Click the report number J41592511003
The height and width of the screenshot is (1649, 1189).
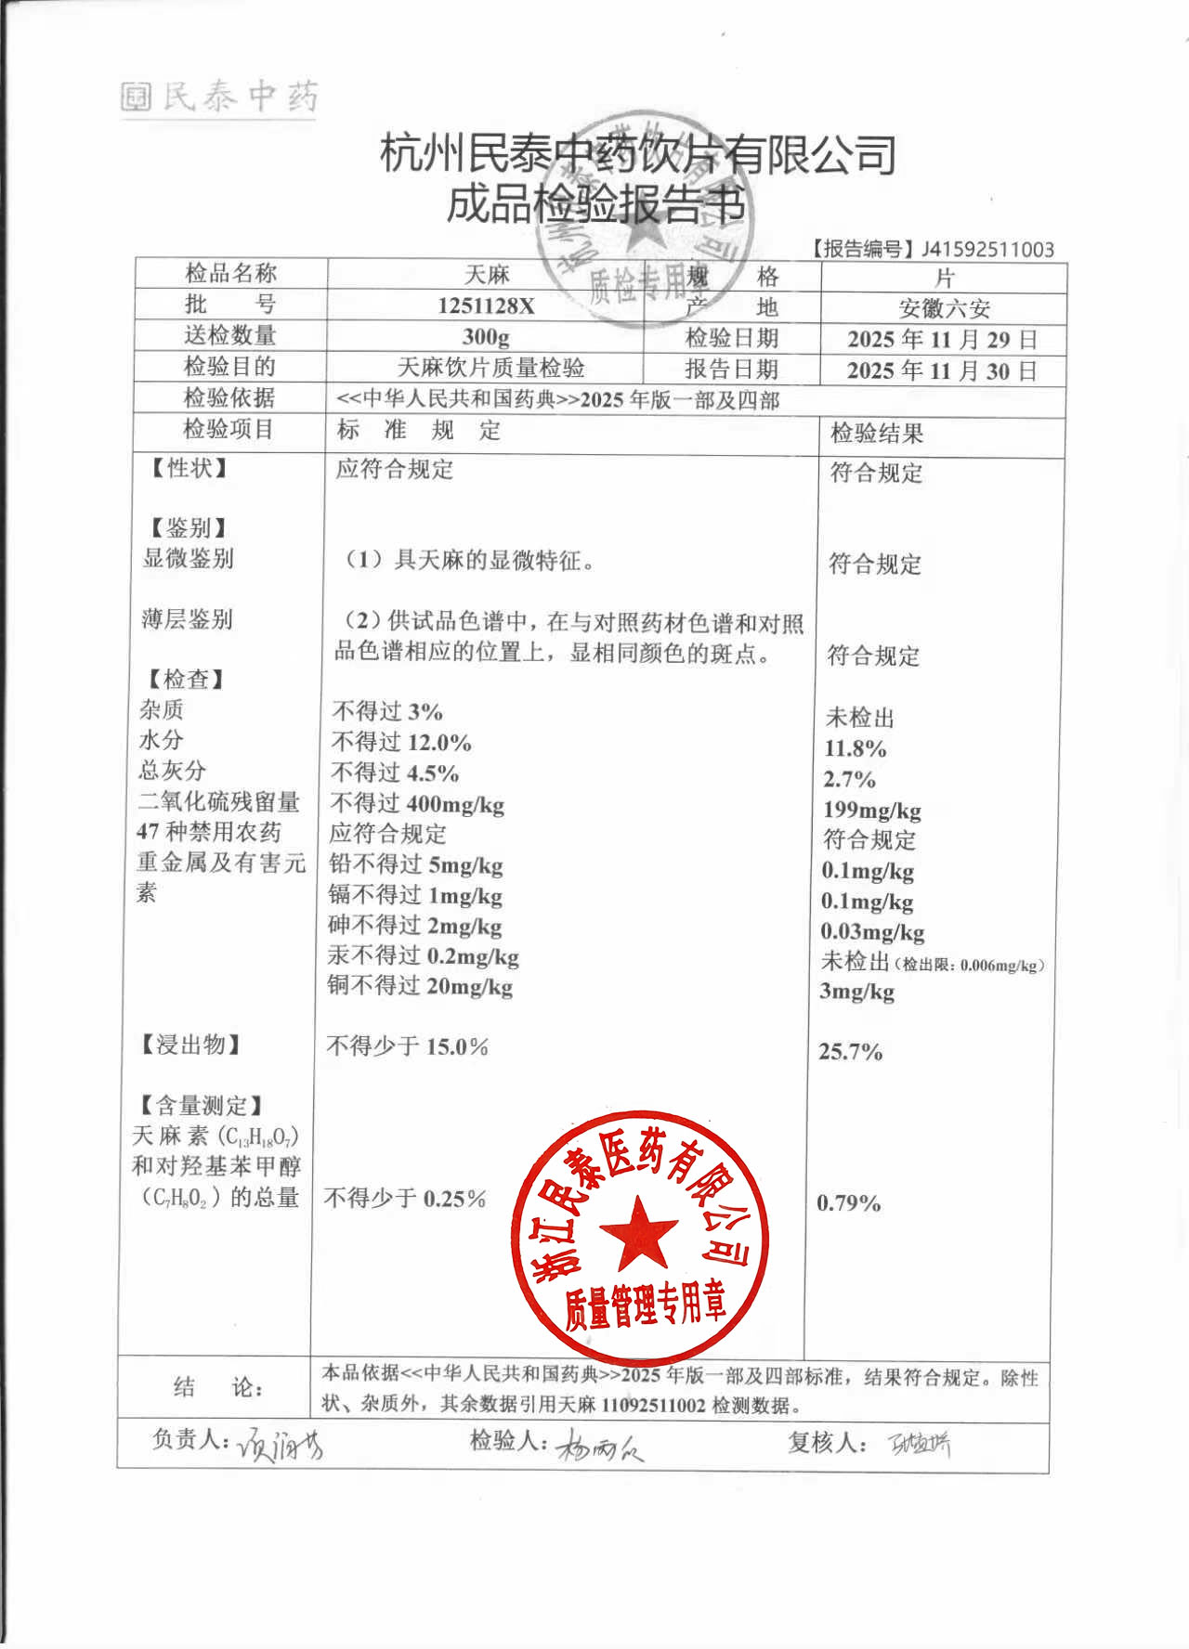tap(987, 249)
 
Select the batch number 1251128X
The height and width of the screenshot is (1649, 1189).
tap(486, 305)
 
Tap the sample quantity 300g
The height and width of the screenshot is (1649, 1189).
tap(486, 336)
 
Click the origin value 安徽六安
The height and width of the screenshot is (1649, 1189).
tap(944, 308)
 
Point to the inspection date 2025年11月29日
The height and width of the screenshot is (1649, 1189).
tap(942, 340)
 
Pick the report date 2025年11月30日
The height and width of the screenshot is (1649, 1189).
tap(942, 371)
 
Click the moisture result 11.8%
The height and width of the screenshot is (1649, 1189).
tap(855, 748)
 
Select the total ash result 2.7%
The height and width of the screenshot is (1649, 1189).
tap(849, 779)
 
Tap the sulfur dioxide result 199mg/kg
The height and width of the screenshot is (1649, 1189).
tap(871, 810)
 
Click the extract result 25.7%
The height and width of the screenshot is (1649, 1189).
tap(850, 1051)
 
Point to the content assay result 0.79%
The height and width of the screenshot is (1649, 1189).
tap(848, 1202)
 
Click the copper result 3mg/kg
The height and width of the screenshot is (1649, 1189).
tap(856, 992)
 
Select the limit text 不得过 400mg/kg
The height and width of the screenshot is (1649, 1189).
tap(417, 804)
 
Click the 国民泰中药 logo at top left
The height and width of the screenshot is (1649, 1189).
tap(219, 97)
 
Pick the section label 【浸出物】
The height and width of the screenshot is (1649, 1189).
tap(190, 1045)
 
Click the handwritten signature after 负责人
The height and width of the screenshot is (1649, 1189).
tap(279, 1445)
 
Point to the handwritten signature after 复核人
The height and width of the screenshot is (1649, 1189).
tap(920, 1444)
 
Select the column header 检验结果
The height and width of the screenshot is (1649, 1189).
tap(876, 433)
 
